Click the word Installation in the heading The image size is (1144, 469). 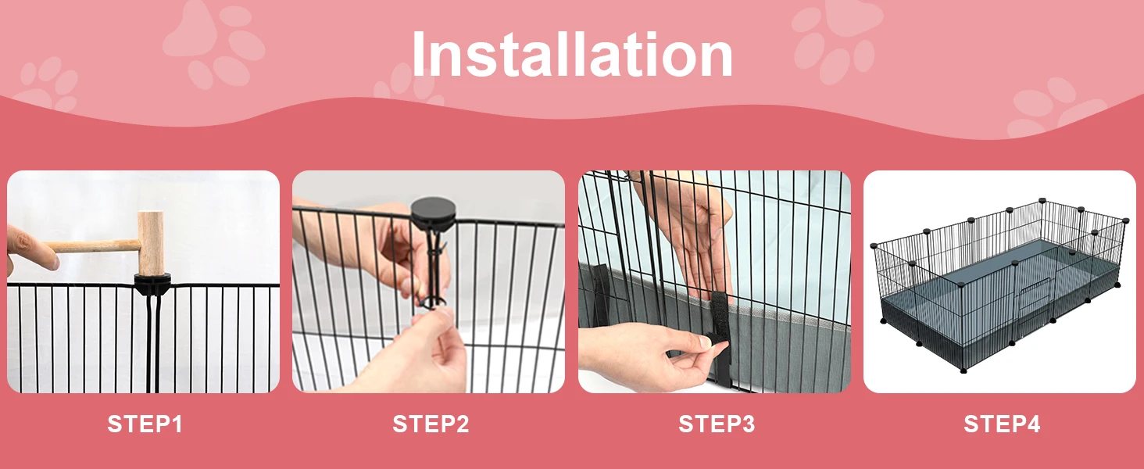pos(572,54)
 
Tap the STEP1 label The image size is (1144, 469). pos(145,424)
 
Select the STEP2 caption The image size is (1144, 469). pos(431,424)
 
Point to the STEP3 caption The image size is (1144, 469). pos(717,424)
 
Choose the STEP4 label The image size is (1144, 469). pos(1002,424)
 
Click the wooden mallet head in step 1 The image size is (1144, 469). pos(151,242)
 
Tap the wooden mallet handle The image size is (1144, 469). pos(92,247)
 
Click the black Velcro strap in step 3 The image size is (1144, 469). pos(720,331)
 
